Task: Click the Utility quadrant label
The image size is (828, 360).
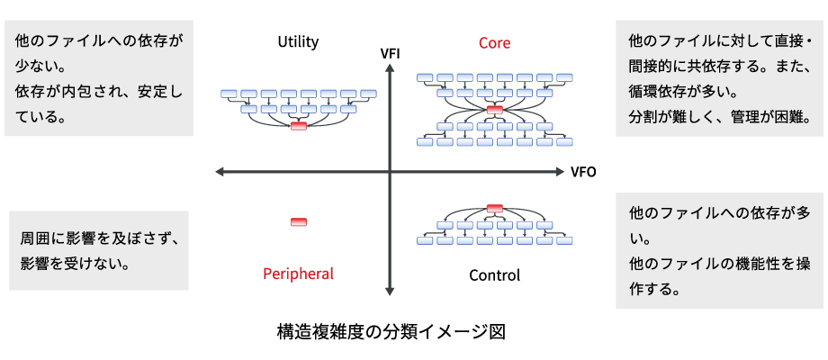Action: pyautogui.click(x=299, y=42)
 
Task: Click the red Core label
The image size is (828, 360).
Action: pyautogui.click(x=495, y=43)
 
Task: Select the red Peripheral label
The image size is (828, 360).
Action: pyautogui.click(x=299, y=274)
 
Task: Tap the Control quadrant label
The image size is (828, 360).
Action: pyautogui.click(x=494, y=275)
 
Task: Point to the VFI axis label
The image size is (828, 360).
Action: pyautogui.click(x=391, y=53)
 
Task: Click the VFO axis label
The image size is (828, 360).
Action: pyautogui.click(x=583, y=172)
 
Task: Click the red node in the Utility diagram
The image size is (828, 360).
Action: pyautogui.click(x=299, y=126)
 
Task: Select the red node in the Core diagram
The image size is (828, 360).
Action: pyautogui.click(x=494, y=110)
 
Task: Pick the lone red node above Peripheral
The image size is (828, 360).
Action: pyautogui.click(x=299, y=221)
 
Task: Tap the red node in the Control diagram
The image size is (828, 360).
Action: pyautogui.click(x=494, y=208)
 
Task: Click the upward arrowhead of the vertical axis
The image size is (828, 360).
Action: pyautogui.click(x=391, y=67)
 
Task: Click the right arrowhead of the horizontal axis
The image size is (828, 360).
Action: pyautogui.click(x=561, y=171)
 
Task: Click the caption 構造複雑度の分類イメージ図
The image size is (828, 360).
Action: pyautogui.click(x=391, y=332)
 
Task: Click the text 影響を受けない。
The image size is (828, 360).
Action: pyautogui.click(x=75, y=264)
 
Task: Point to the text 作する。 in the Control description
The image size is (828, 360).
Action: pyautogui.click(x=653, y=289)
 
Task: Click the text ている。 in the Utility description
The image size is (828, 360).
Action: pyautogui.click(x=40, y=117)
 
